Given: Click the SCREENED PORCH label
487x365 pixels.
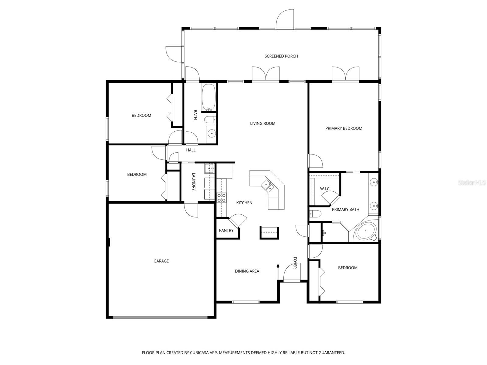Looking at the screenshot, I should click(281, 56).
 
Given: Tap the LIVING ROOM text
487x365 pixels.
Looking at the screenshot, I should click(263, 123).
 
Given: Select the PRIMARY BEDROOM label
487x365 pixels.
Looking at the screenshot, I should click(344, 128).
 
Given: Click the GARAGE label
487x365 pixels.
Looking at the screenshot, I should click(161, 261).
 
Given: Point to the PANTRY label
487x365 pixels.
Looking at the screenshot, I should click(226, 231).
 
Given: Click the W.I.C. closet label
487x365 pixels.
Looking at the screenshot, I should click(325, 189).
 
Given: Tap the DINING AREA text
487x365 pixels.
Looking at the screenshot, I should click(247, 271).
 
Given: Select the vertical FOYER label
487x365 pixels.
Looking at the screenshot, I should click(295, 263).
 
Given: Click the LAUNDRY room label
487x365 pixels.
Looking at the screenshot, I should click(194, 182).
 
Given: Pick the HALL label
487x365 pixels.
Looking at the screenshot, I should click(191, 150).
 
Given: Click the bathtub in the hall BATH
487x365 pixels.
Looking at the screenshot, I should click(209, 97).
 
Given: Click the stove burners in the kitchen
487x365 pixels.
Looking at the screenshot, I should click(222, 198).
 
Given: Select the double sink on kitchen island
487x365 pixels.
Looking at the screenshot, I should click(268, 186).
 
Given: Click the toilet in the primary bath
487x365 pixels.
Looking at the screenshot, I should click(315, 214).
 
